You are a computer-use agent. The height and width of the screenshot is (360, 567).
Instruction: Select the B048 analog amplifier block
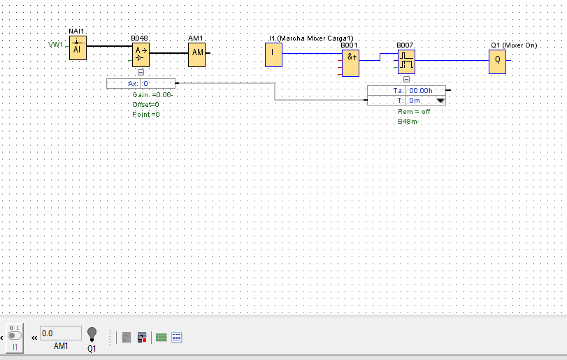click(x=141, y=53)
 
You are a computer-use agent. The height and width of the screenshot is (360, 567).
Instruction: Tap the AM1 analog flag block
click(x=197, y=53)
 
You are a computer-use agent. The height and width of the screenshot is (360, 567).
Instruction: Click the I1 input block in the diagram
click(x=273, y=55)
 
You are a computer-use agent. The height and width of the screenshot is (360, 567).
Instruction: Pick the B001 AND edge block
click(x=351, y=63)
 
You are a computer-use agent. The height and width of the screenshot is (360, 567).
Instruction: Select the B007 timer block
click(x=406, y=62)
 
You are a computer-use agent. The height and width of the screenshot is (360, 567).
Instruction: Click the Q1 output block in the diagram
click(x=497, y=61)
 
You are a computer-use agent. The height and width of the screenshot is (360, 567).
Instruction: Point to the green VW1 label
click(x=56, y=45)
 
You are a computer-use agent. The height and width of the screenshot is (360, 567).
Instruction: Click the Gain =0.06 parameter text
click(x=152, y=94)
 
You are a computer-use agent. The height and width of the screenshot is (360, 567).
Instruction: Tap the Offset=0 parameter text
click(x=146, y=104)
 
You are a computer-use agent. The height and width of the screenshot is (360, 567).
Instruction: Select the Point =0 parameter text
click(x=146, y=114)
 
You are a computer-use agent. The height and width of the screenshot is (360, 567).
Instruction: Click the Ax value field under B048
click(x=157, y=84)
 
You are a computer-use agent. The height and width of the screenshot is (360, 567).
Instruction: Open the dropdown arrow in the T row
click(x=440, y=101)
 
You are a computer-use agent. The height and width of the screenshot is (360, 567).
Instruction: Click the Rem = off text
click(x=414, y=112)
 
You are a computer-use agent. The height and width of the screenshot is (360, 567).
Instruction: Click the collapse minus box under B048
click(x=141, y=72)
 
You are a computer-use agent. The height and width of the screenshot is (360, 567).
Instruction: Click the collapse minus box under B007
click(x=406, y=79)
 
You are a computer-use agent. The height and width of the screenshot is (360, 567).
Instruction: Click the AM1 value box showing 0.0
click(x=60, y=333)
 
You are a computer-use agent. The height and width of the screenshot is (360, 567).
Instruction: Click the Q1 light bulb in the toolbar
click(x=92, y=334)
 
